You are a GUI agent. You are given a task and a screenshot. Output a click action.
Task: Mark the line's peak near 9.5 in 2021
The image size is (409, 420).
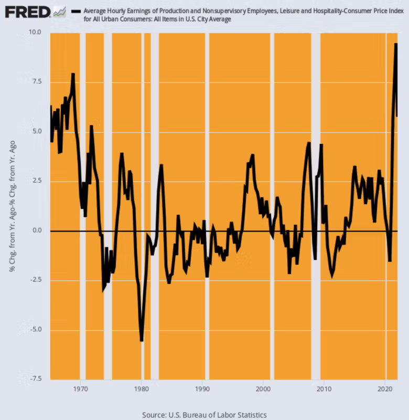(x=396, y=44)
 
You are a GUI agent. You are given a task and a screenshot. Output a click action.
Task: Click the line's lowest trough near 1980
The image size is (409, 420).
(x=142, y=341)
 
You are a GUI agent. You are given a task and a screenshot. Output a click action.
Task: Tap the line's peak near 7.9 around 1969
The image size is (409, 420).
(x=73, y=74)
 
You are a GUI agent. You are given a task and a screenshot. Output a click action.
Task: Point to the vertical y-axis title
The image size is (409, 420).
(x=11, y=205)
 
